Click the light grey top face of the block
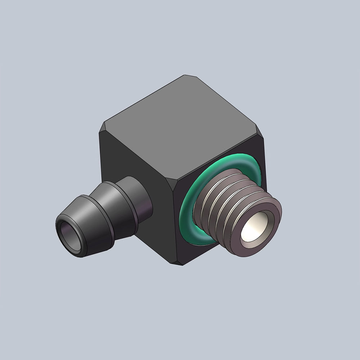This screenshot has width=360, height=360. tap(180, 126)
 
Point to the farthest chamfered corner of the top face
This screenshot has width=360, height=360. tap(185, 77)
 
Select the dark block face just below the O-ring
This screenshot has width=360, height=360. tap(202, 252)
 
